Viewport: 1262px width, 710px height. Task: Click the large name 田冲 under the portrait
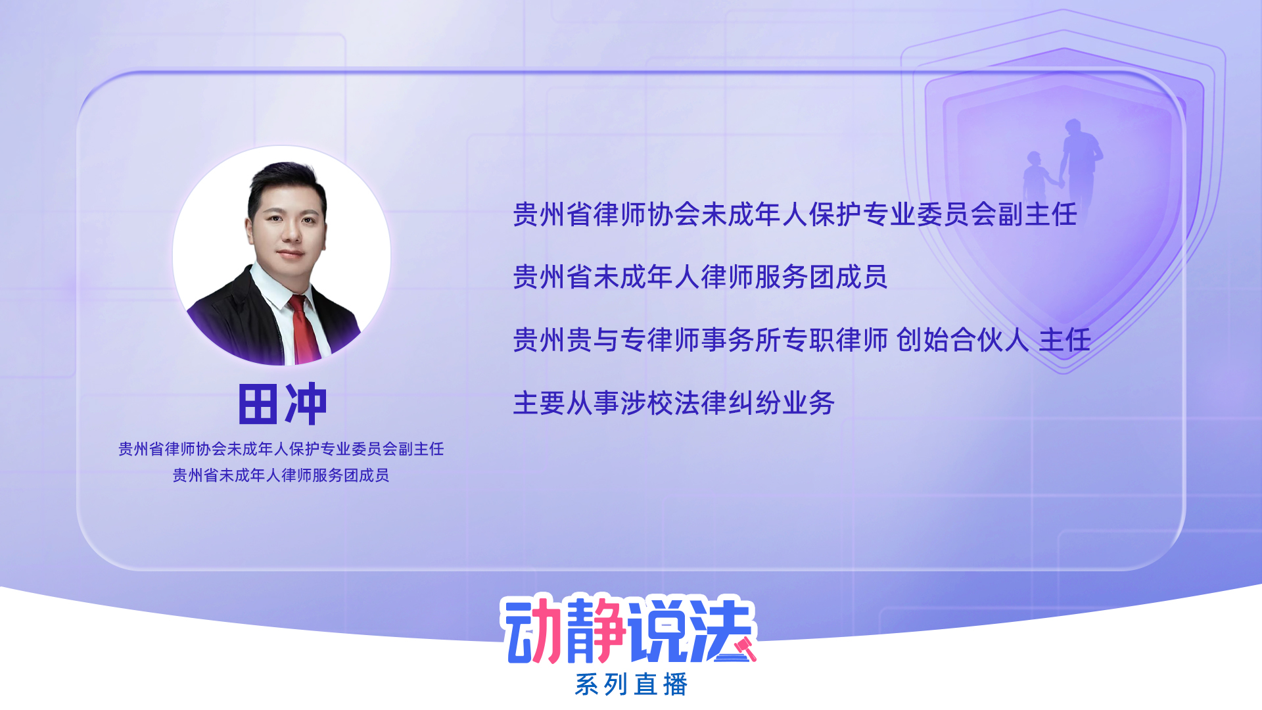pos(283,404)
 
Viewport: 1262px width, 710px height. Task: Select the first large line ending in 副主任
pos(795,214)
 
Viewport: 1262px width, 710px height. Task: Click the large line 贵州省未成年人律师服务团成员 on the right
pos(700,277)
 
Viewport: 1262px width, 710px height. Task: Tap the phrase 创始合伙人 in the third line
pos(962,340)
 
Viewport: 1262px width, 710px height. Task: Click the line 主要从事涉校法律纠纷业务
pos(674,403)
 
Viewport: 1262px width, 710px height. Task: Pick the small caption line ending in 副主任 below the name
pos(281,449)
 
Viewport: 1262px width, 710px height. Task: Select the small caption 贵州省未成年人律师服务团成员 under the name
pos(281,475)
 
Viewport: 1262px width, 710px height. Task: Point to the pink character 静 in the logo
pos(594,629)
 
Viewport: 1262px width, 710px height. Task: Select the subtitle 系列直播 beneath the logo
pos(631,684)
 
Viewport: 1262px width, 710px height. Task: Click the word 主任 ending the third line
pos(1065,340)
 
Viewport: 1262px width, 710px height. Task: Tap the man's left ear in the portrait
pos(250,230)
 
